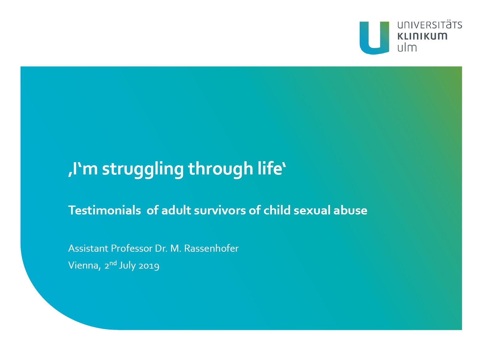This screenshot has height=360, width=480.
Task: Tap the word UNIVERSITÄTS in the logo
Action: coord(430,25)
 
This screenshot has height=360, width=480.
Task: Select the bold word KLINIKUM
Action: coord(422,36)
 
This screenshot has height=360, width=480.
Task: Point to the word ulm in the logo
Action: coord(407,47)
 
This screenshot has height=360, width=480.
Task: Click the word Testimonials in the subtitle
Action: coord(105,210)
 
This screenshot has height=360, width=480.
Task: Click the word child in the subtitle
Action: coord(277,210)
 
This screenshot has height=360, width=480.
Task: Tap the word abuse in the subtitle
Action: coord(350,210)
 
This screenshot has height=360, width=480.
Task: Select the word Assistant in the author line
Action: coord(88,248)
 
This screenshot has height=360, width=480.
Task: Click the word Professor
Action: coord(132,248)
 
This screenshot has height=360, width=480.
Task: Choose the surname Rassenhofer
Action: coord(211,248)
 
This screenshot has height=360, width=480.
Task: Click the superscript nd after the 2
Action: coord(113,263)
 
